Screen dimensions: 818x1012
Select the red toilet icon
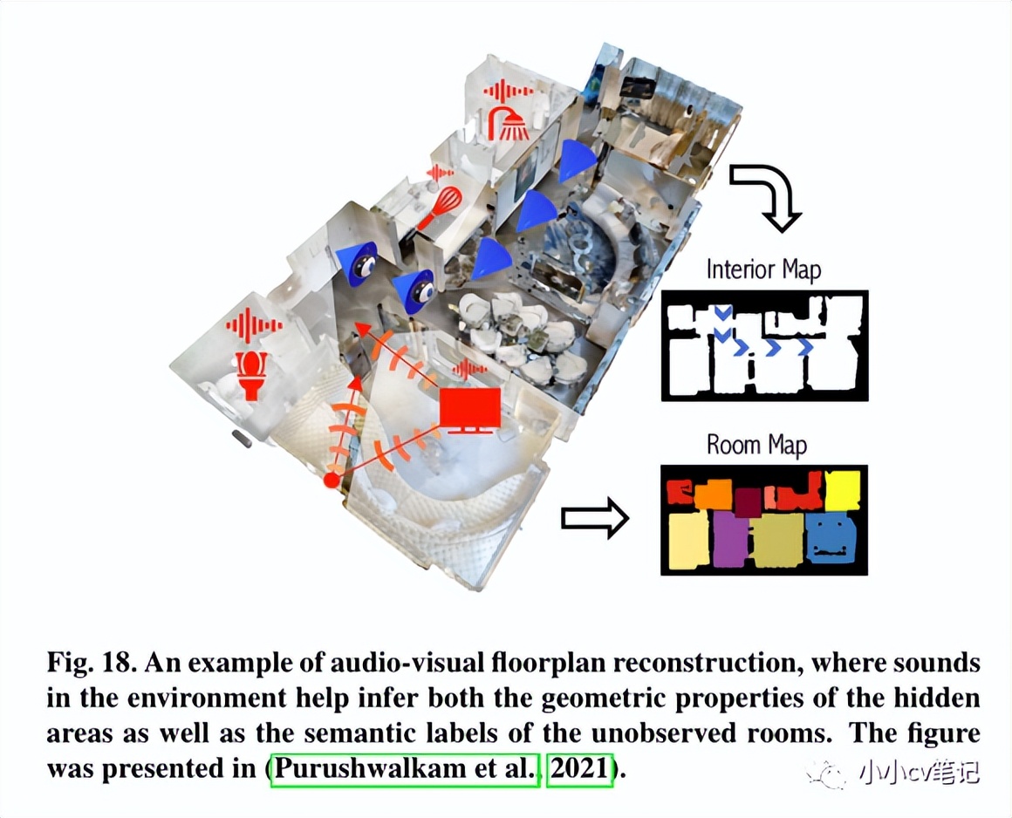(253, 375)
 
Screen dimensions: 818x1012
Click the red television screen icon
(470, 409)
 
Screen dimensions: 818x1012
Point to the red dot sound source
(331, 481)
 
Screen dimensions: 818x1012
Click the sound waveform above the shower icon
(508, 91)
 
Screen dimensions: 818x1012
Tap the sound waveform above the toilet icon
(253, 326)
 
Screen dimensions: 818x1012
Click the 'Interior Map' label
(763, 269)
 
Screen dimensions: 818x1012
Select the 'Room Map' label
(756, 445)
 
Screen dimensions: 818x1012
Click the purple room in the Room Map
(729, 538)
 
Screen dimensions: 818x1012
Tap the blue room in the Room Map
(830, 537)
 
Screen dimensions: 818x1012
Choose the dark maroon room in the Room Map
(748, 501)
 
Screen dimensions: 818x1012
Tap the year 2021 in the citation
(579, 770)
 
